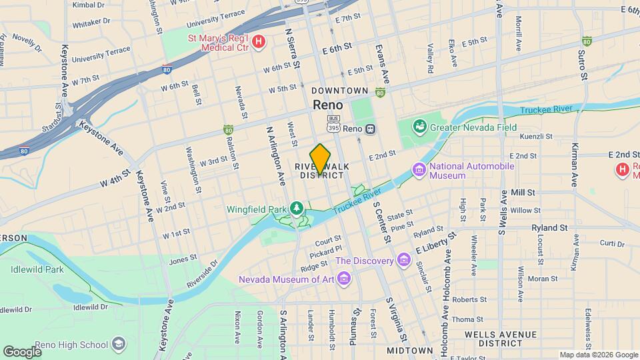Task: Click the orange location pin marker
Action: (x=320, y=159)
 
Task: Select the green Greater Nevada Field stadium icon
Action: (x=419, y=125)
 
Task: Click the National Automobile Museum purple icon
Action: (x=419, y=171)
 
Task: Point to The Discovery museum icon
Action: (x=403, y=259)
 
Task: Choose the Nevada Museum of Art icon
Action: (x=343, y=278)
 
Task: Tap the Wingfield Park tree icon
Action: (x=296, y=209)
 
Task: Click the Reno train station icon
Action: (x=371, y=129)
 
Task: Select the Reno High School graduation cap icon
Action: (x=119, y=344)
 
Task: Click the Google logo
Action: (x=22, y=351)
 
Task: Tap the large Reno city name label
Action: (x=328, y=105)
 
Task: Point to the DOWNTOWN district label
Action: (x=339, y=91)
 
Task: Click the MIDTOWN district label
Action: (x=410, y=350)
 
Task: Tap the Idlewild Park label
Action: (x=37, y=269)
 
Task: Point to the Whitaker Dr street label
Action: (x=90, y=22)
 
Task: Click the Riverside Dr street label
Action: (x=203, y=273)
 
